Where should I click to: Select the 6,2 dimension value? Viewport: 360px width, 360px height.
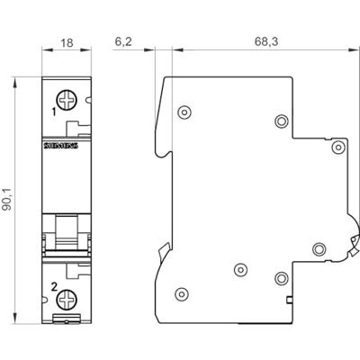click(x=125, y=40)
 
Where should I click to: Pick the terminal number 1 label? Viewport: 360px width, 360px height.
click(x=54, y=112)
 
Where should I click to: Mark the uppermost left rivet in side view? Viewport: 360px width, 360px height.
click(x=184, y=112)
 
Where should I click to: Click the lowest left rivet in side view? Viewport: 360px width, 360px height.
click(x=184, y=292)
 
